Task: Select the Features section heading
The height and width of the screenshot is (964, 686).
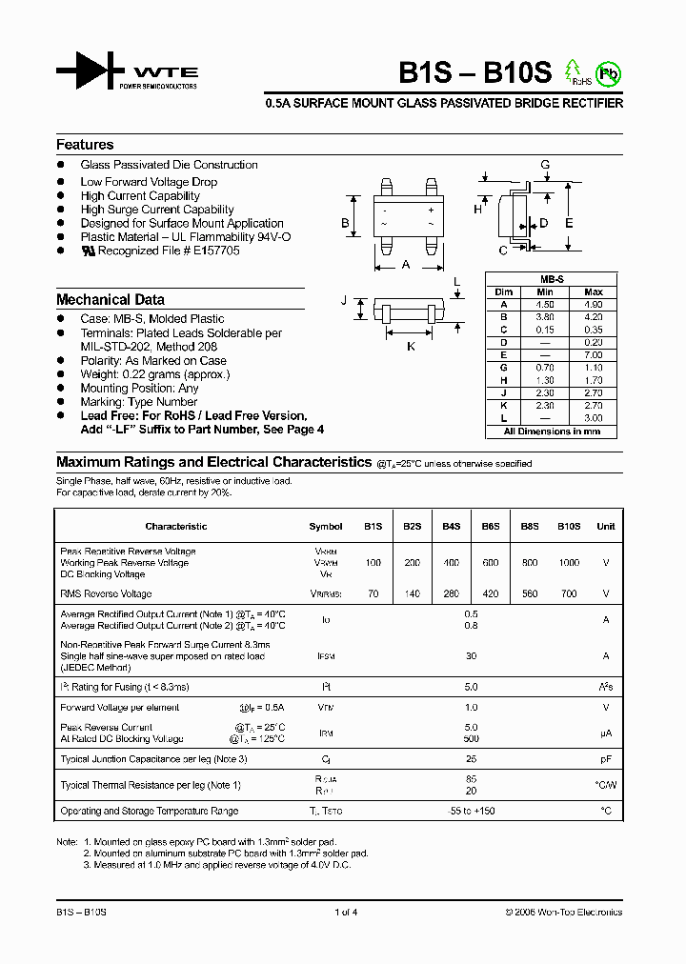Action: [85, 145]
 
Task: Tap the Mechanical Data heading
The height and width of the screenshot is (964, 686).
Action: [110, 299]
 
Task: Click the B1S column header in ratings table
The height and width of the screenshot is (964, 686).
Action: [373, 527]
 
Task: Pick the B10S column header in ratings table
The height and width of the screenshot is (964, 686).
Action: [569, 527]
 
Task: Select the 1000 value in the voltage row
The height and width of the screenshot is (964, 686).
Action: [569, 563]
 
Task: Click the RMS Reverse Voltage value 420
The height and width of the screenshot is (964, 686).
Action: [490, 594]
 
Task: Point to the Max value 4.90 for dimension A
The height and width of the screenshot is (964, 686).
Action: [593, 304]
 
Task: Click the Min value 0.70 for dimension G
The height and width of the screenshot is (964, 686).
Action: [545, 366]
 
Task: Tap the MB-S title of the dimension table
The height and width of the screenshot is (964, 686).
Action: [552, 279]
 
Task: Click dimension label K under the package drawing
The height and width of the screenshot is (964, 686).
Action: [411, 347]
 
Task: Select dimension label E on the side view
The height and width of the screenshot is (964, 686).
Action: [569, 223]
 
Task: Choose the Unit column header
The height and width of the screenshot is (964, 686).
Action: [605, 527]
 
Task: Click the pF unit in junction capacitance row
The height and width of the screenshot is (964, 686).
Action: [605, 759]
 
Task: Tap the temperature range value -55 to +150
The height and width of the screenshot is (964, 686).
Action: [471, 812]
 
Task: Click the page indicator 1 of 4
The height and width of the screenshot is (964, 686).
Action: [346, 913]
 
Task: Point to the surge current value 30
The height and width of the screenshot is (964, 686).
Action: [471, 655]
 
